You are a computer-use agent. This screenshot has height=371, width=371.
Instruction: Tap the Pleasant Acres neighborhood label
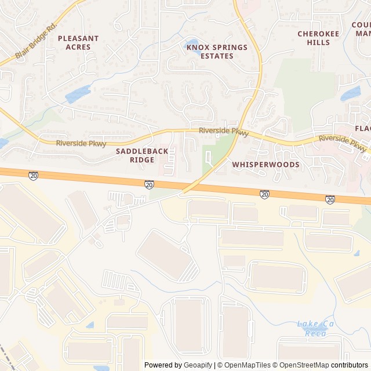pos(78,42)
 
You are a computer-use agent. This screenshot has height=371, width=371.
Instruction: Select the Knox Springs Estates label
pos(217,52)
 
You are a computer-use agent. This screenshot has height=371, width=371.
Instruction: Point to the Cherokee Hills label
pos(318,38)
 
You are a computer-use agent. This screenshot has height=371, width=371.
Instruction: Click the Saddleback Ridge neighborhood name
pos(142,155)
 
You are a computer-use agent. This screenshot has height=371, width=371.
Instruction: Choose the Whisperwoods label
pos(266,165)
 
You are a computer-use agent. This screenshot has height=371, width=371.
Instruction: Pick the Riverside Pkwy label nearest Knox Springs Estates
pos(223,132)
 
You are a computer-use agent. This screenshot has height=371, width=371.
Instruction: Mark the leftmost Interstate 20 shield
pos(34,175)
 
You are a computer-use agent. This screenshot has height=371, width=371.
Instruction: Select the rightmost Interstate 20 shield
pos(330,199)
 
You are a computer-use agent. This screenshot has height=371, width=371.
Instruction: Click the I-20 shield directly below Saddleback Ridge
pos(149,184)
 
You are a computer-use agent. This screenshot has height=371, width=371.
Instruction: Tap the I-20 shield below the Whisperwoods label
pos(264,194)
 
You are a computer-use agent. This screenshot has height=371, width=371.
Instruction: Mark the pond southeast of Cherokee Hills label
pos(350,93)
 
